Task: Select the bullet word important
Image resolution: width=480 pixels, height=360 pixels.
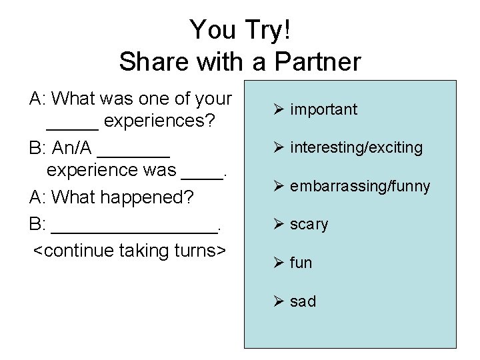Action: point(324,109)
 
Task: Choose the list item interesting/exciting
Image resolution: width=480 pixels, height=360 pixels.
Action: point(356,147)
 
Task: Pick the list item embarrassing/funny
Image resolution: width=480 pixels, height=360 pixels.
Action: point(360,185)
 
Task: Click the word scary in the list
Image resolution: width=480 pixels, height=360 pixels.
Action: point(309,224)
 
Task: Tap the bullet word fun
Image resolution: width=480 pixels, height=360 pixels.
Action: point(301,263)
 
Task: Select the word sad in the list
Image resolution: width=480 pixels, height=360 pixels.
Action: point(303,301)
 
